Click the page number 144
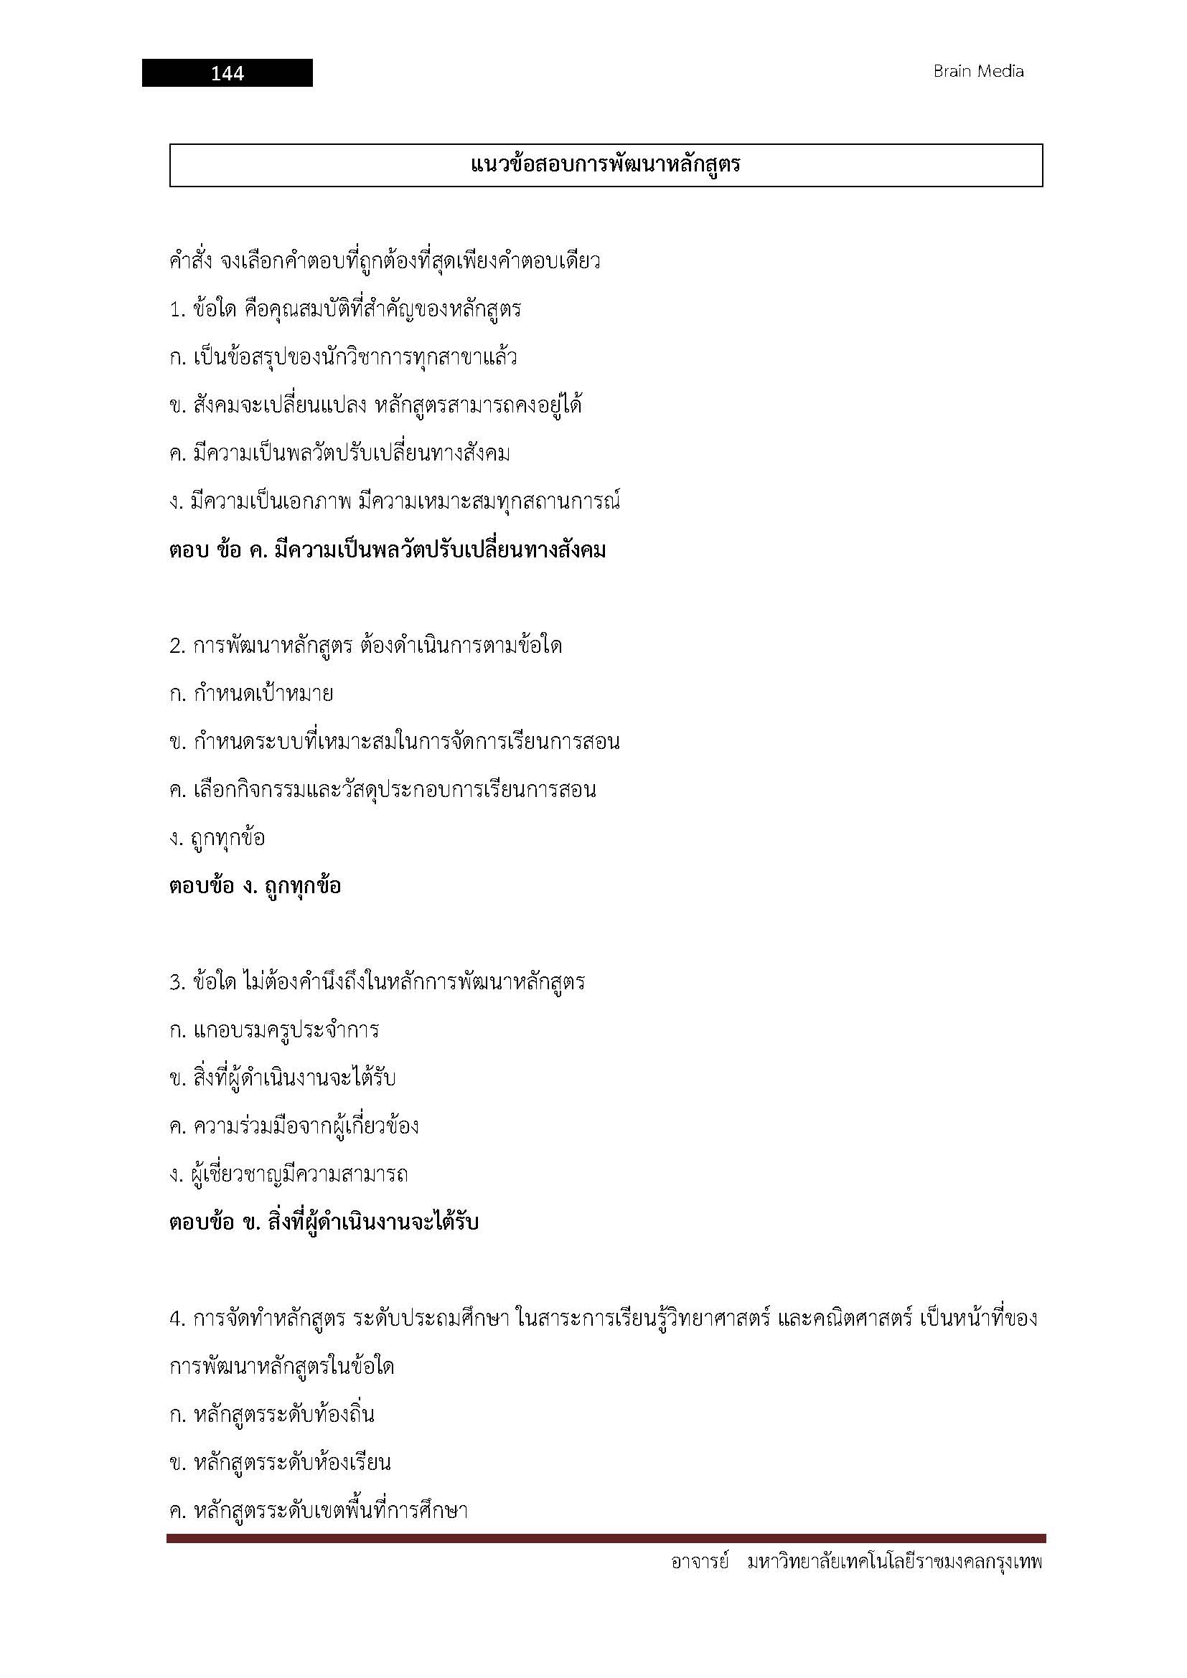tap(227, 73)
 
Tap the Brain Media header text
tap(978, 72)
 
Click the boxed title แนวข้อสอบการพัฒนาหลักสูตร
tap(605, 165)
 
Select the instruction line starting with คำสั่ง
tap(385, 261)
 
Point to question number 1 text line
tap(345, 309)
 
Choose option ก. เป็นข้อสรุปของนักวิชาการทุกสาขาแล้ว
tap(343, 357)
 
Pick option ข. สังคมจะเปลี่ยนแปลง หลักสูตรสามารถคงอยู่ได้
tap(375, 405)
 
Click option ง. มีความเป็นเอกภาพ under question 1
tap(394, 502)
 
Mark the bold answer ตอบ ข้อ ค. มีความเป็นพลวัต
tap(388, 550)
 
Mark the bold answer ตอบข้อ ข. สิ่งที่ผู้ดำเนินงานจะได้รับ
tap(324, 1222)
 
